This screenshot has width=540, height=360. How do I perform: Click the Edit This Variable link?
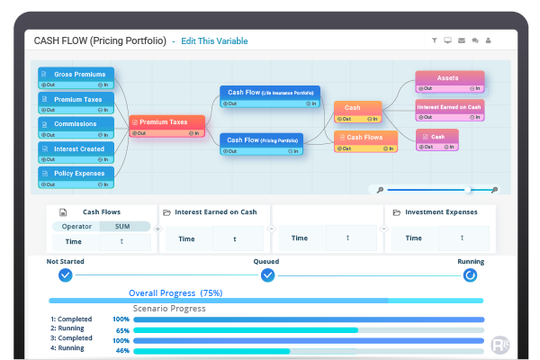point(214,40)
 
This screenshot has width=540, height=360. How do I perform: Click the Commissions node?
point(76,123)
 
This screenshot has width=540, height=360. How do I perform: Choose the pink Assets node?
point(449,78)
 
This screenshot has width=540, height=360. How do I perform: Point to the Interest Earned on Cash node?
point(449,107)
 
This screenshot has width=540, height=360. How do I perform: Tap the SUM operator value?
point(122,227)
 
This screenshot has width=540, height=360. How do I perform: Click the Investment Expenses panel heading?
point(440,212)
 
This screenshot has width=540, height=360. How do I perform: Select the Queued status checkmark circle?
point(267,275)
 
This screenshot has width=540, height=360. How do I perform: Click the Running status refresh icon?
point(470,275)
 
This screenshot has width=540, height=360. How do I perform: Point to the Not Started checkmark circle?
point(65,275)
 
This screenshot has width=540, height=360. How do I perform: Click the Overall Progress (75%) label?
point(175,292)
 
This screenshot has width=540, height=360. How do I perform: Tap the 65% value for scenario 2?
point(121,330)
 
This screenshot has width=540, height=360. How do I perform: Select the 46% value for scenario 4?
point(121,349)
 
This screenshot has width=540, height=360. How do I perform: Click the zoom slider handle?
point(467,190)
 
